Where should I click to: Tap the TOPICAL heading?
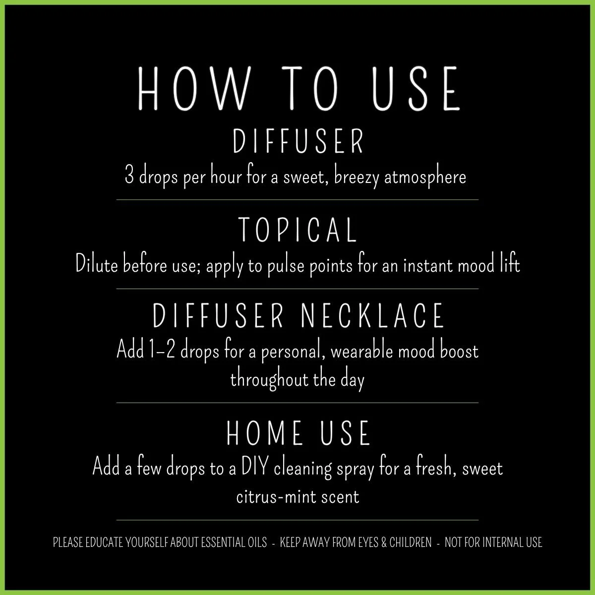[297, 230]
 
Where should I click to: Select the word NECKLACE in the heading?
[372, 316]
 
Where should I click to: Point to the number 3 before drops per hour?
[129, 177]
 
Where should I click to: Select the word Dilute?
[96, 265]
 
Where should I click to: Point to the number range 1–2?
[162, 352]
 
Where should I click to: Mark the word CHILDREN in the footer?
[411, 542]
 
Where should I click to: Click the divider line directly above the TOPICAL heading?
[297, 200]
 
